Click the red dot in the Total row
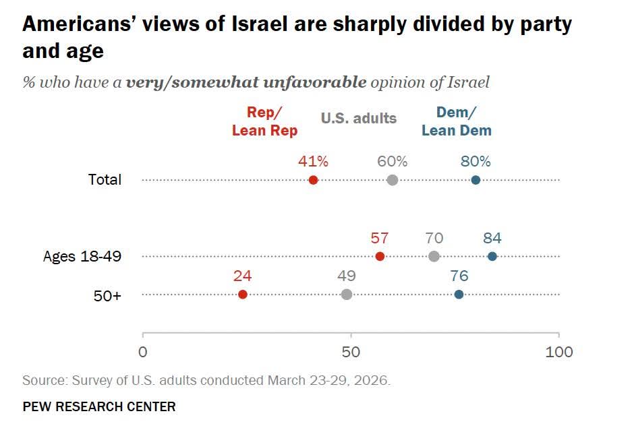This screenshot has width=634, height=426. [x=313, y=180]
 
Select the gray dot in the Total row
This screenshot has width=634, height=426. [x=393, y=180]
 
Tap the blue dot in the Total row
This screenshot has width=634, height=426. [x=475, y=180]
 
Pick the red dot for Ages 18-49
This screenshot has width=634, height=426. [x=380, y=256]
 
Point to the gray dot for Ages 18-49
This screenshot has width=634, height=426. [x=434, y=256]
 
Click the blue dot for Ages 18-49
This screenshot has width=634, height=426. [x=492, y=256]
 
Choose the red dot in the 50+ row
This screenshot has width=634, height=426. [x=243, y=294]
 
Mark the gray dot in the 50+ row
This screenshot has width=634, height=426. [x=347, y=294]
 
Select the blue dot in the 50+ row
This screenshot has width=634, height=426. [x=459, y=294]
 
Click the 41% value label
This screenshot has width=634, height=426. [x=313, y=162]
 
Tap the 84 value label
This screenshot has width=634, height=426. [x=492, y=238]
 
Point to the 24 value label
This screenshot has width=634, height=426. [x=243, y=276]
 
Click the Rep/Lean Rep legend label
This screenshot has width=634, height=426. [x=264, y=123]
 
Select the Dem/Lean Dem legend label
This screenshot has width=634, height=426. [x=457, y=123]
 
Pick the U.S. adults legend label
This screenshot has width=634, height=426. [x=359, y=119]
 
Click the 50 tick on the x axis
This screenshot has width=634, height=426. [x=350, y=352]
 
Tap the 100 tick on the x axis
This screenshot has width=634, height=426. [x=558, y=352]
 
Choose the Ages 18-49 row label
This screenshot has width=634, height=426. [x=82, y=257]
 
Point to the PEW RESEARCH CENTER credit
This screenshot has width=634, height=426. [x=99, y=406]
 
